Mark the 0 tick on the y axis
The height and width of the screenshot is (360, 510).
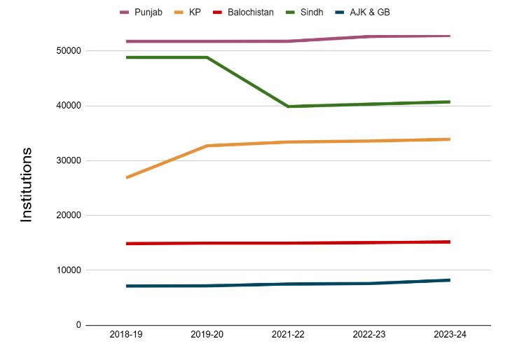[78, 325]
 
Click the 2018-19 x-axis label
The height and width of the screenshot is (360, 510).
[126, 335]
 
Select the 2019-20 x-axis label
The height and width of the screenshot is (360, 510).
[207, 335]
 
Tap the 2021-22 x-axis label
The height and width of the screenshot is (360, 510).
[288, 335]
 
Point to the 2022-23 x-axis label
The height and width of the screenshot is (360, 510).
[368, 335]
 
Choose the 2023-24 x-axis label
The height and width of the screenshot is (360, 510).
[450, 335]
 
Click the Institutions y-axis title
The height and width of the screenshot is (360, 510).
[27, 185]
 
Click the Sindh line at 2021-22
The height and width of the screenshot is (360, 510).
[288, 106]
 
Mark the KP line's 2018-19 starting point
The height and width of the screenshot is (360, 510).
[127, 178]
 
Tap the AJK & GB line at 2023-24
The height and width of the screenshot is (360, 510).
[449, 280]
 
